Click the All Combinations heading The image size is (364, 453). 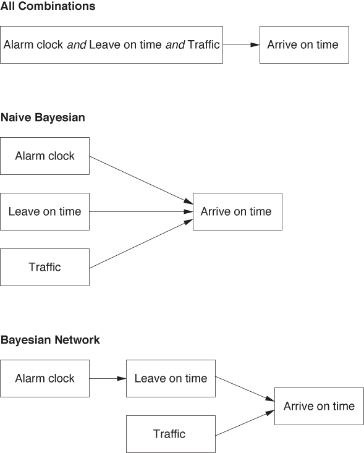[x=48, y=7]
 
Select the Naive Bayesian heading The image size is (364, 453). [x=43, y=117]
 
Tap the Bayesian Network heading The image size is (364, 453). [x=50, y=340]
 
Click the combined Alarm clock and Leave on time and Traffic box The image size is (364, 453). [x=111, y=44]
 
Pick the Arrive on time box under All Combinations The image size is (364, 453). [x=303, y=44]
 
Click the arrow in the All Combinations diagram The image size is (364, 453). [x=241, y=44]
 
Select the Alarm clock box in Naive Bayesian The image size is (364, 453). [x=44, y=156]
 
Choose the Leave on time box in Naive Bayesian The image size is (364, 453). [x=44, y=211]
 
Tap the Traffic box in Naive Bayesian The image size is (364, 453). [x=44, y=267]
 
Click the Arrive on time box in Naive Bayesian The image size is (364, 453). [x=237, y=211]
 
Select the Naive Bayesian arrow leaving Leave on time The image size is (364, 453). [x=141, y=211]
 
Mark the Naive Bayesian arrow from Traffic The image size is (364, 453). [x=141, y=243]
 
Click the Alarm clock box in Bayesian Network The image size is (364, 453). [x=44, y=378]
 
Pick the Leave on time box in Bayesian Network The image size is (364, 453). [x=171, y=378]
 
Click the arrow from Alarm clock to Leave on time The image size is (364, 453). [x=108, y=378]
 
